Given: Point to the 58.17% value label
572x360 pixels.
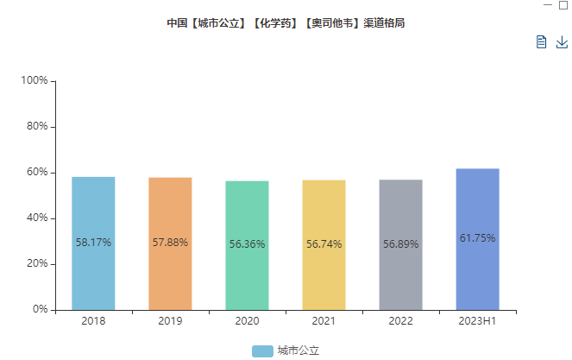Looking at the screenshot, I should (x=93, y=243).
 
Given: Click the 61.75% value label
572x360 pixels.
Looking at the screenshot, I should (x=477, y=238).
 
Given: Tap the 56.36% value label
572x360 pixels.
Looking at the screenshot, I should (x=247, y=244).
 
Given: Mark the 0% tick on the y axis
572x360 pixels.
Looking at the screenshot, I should (x=40, y=309).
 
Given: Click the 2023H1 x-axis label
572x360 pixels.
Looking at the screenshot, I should (x=477, y=321).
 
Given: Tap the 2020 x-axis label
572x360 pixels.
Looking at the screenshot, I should (x=247, y=321).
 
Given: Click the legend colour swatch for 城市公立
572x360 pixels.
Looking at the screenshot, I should (x=262, y=351).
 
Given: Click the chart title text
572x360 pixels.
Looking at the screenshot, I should (x=286, y=23).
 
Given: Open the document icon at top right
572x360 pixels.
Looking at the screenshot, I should (x=541, y=42).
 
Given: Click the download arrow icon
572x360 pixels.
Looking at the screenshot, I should (x=562, y=42).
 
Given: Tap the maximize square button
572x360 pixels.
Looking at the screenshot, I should (x=563, y=5).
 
